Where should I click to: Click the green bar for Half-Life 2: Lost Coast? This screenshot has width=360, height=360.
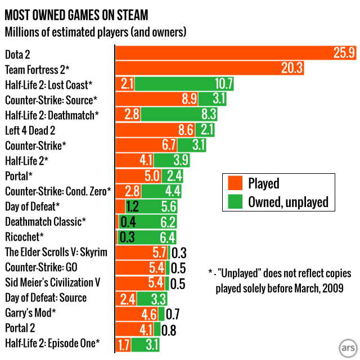click(x=184, y=84)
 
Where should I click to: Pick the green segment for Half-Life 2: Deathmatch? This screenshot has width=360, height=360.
click(x=179, y=115)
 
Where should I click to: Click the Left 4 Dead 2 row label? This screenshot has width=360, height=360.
click(x=34, y=130)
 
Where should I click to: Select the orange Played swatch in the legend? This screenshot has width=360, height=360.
click(x=235, y=183)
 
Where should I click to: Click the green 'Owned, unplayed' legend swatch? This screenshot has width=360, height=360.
click(x=235, y=202)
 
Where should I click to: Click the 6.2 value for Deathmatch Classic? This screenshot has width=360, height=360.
click(x=168, y=222)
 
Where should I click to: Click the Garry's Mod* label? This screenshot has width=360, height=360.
click(x=30, y=313)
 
